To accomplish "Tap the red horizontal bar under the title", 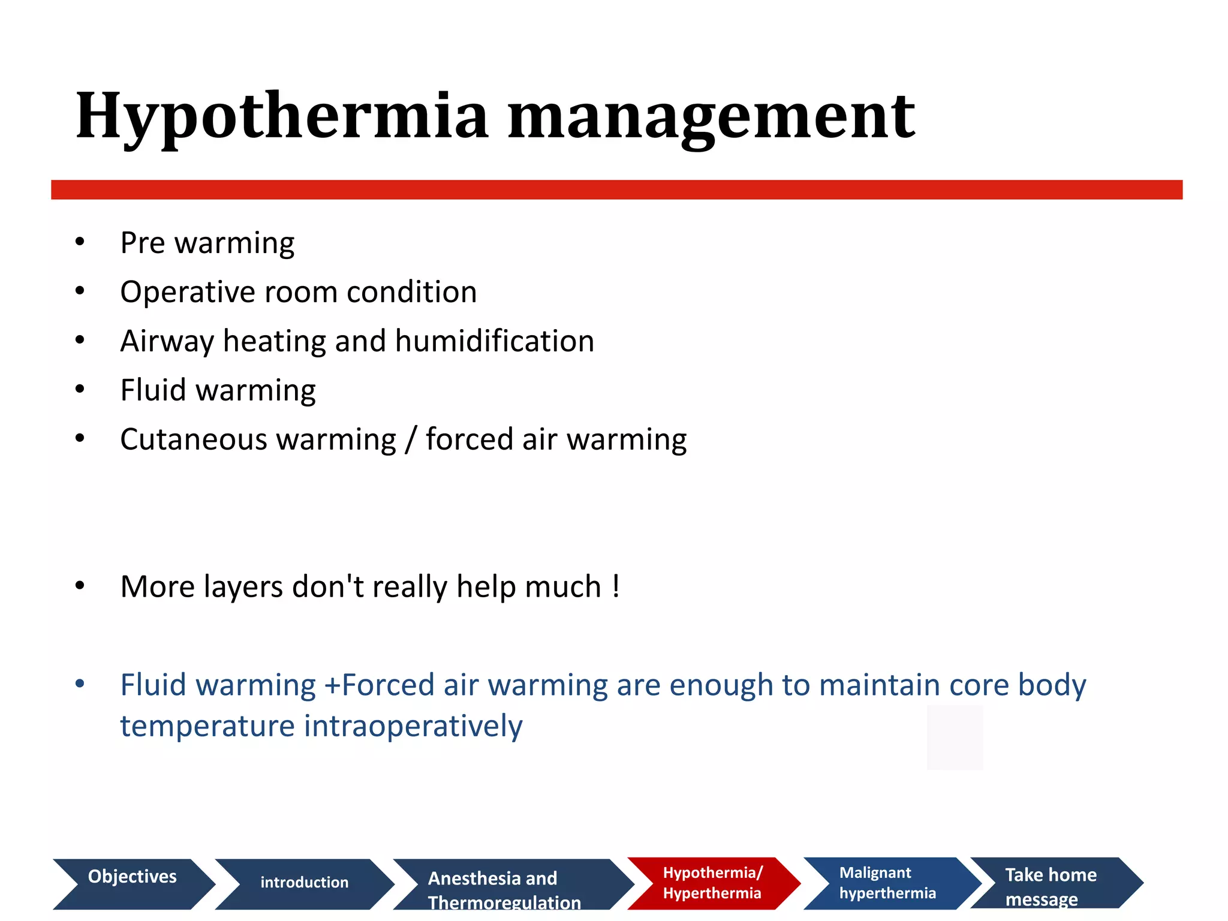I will point(616,189).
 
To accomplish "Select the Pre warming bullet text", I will point(207,243).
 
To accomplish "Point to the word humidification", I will point(494,341).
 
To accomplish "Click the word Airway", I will point(166,342).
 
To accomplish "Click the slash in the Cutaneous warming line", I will point(411,440).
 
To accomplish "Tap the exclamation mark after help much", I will point(616,586).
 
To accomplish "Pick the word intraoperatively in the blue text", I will point(413,727).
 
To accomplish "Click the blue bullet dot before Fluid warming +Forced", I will point(80,684).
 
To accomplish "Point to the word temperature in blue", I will point(207,727).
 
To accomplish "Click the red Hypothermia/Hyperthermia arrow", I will point(712,883).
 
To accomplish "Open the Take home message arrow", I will point(1052,883).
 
